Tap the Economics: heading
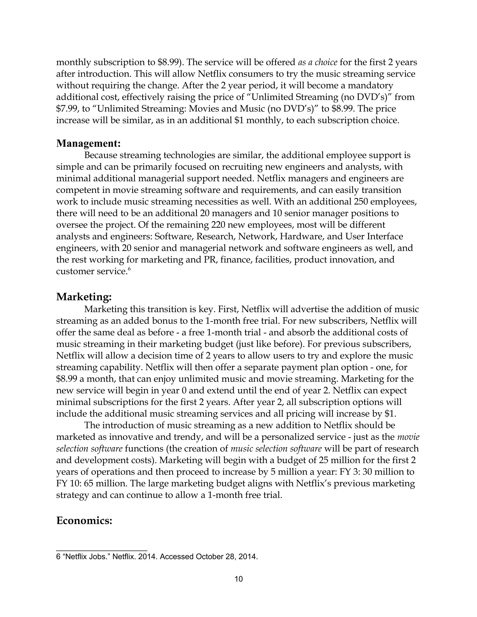click(x=85, y=520)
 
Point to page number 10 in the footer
click(x=238, y=579)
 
